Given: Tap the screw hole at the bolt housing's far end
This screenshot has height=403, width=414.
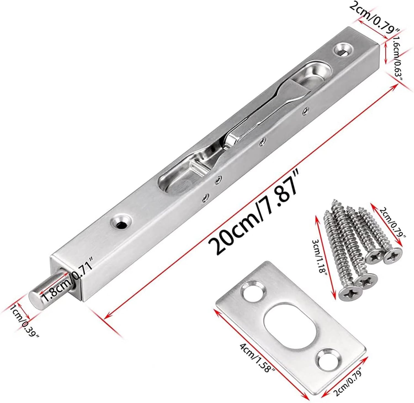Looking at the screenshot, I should [343, 50].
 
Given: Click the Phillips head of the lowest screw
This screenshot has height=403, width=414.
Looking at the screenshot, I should [347, 295].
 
